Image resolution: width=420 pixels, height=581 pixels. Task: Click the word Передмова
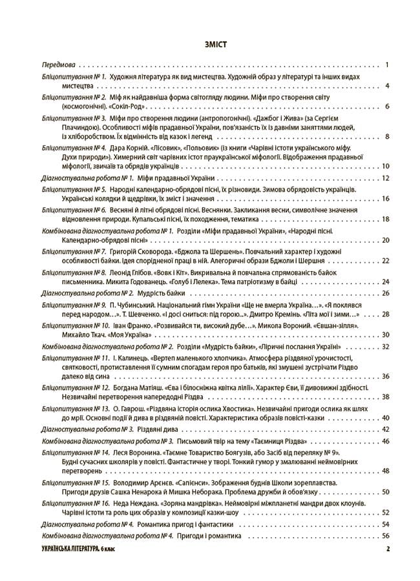[58, 65]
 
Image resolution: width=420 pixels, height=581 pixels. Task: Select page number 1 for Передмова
[385, 65]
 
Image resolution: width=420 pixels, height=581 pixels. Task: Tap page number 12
[384, 178]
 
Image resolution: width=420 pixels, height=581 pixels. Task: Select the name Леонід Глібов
[133, 272]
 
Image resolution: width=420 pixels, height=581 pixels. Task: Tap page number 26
[384, 293]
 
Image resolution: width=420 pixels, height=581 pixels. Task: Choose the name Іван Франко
[129, 325]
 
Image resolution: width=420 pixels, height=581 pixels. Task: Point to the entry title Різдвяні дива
[159, 429]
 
